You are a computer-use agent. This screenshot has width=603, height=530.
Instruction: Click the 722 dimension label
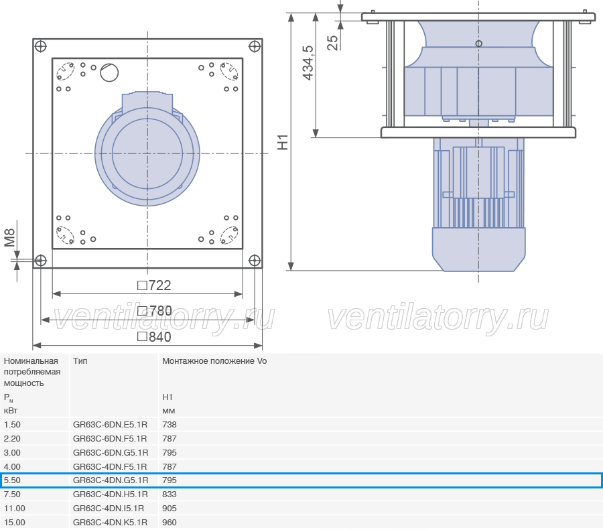click(154, 285)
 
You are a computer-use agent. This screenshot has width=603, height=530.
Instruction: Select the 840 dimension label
click(154, 337)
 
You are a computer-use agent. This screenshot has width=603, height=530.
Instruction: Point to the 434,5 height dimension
click(308, 63)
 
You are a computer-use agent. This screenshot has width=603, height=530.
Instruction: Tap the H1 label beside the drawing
click(283, 142)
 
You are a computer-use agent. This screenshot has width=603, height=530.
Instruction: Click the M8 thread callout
click(9, 238)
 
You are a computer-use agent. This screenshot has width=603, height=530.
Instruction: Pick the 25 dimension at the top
click(332, 43)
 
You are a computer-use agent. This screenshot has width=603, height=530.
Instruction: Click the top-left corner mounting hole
click(40, 46)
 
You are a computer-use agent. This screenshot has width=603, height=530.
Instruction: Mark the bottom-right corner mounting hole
click(255, 261)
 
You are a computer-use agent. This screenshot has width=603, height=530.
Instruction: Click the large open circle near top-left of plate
click(109, 72)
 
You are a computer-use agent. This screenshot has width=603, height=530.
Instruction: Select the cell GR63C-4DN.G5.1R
click(111, 480)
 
